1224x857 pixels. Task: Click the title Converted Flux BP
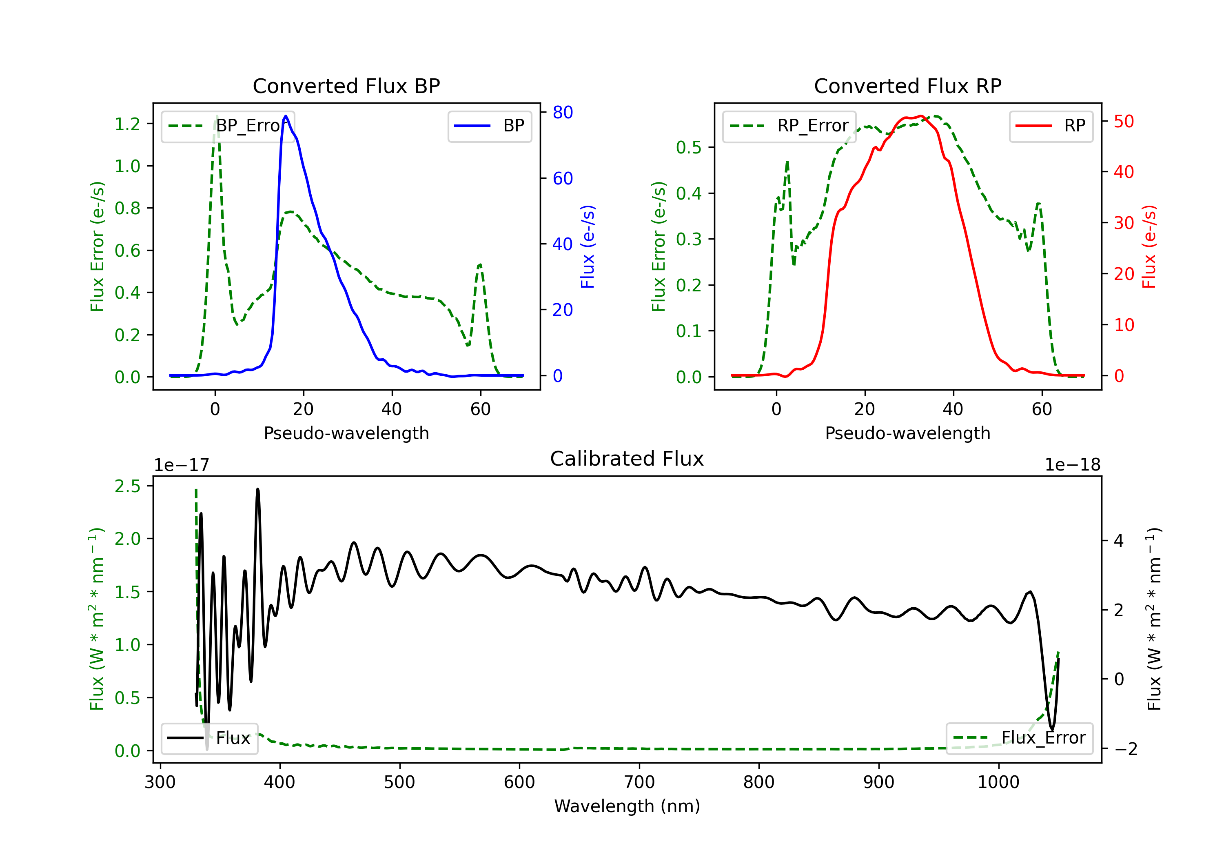pyautogui.click(x=346, y=86)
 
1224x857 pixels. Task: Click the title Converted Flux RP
pyautogui.click(x=907, y=86)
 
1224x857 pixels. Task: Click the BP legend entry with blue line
pyautogui.click(x=489, y=126)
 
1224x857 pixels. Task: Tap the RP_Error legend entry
pyautogui.click(x=789, y=126)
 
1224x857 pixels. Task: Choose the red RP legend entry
pyautogui.click(x=1051, y=126)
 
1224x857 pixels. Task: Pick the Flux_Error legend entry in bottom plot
pyautogui.click(x=1019, y=738)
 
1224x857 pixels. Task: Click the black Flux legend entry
pyautogui.click(x=209, y=738)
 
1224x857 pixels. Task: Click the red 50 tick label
pyautogui.click(x=1124, y=122)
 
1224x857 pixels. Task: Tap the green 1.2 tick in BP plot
pyautogui.click(x=127, y=124)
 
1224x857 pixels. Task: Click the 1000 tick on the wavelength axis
pyautogui.click(x=998, y=782)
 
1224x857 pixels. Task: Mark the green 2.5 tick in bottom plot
pyautogui.click(x=127, y=486)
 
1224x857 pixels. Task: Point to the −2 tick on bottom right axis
pyautogui.click(x=1125, y=749)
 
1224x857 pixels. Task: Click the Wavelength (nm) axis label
pyautogui.click(x=627, y=806)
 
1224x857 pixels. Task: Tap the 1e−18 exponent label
pyautogui.click(x=1073, y=465)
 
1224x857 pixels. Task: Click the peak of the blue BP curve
pyautogui.click(x=286, y=116)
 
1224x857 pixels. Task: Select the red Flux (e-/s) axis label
pyautogui.click(x=1149, y=246)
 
